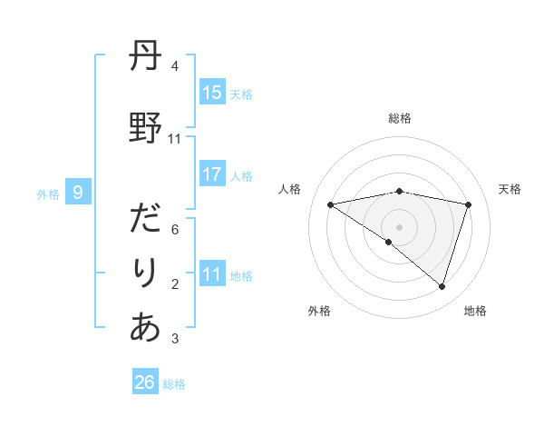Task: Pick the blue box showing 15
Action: [x=212, y=93]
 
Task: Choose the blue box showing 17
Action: [x=212, y=175]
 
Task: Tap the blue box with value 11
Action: [x=212, y=275]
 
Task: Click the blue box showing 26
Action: [x=145, y=382]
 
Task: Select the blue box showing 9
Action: [x=78, y=193]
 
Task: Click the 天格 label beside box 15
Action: [x=241, y=94]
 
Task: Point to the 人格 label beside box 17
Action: [x=241, y=176]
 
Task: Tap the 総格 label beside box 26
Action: [x=174, y=384]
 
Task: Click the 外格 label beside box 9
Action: [x=48, y=194]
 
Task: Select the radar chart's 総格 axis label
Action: [x=400, y=119]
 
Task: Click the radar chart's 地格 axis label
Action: [x=475, y=311]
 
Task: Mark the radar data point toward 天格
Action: [x=469, y=204]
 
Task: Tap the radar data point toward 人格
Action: [x=331, y=204]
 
